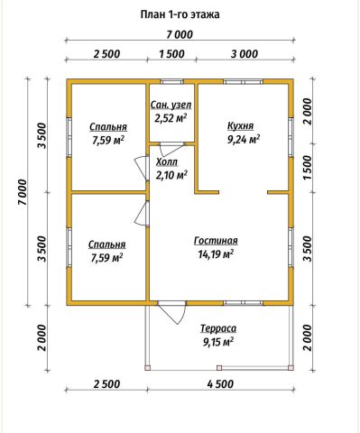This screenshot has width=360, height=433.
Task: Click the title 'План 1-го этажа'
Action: pos(180,14)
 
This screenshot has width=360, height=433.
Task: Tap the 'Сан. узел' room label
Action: pos(171,105)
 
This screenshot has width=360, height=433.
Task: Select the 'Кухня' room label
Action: pos(240,126)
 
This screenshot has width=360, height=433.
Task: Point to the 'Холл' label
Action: pos(167,161)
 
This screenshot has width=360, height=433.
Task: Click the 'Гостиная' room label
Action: pos(216,241)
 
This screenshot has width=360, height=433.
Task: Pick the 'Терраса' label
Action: pos(218,328)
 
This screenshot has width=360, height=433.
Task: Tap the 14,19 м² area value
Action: pos(216,254)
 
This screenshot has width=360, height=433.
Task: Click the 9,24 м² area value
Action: pos(244,140)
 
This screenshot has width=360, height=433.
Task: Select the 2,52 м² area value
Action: pos(171,118)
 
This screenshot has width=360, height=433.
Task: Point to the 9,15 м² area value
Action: pos(218,342)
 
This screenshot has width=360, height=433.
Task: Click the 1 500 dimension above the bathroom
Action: pos(171,54)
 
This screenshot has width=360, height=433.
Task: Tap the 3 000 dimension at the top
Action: pos(245,54)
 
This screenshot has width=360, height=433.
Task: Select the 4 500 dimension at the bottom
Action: pos(220,384)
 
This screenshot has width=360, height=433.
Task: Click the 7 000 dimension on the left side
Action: pos(23,192)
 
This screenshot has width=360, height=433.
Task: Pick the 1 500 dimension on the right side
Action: pos(307,168)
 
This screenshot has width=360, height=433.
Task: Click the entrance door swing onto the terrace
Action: pos(172,313)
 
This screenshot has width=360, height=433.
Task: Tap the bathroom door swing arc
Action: pos(171,150)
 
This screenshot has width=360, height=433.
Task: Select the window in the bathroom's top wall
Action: pos(171,81)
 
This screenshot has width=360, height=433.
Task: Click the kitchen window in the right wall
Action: pos(291,137)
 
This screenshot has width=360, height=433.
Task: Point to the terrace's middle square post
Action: pos(219,367)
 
